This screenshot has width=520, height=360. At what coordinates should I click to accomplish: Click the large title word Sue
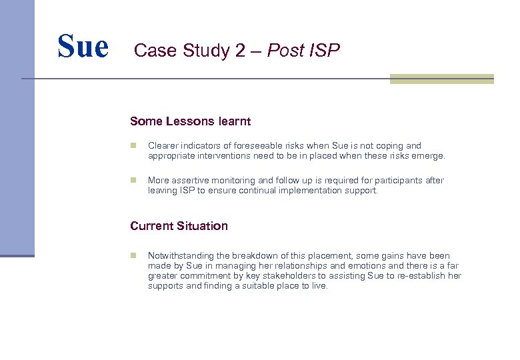point(83,47)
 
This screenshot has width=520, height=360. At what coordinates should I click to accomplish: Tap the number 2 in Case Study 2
point(240,51)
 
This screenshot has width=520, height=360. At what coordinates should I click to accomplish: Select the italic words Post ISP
point(303,51)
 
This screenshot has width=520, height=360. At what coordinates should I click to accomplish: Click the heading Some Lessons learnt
point(190,121)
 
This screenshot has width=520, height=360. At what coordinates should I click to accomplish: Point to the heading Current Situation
point(179,226)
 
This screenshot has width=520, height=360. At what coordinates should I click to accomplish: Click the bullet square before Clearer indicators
point(133,145)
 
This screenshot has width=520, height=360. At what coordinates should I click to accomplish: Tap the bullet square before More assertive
point(133,181)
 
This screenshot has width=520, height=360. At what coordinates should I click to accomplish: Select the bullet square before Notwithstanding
point(133,255)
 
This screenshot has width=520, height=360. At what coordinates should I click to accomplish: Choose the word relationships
point(269,266)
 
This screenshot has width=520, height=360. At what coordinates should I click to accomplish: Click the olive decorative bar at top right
point(441,79)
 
